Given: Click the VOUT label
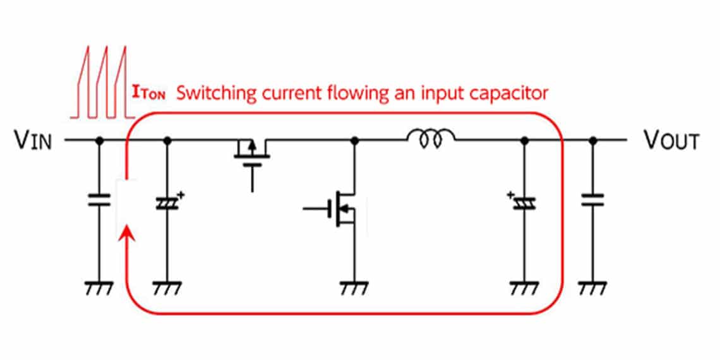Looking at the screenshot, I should pyautogui.click(x=671, y=140).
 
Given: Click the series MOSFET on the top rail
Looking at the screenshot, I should pyautogui.click(x=252, y=155).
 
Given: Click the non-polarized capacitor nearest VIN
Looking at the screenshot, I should pyautogui.click(x=99, y=200).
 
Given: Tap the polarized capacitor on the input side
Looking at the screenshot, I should pyautogui.click(x=167, y=203).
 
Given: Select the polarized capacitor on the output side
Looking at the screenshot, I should pyautogui.click(x=523, y=203).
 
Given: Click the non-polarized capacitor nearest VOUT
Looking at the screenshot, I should pyautogui.click(x=592, y=200).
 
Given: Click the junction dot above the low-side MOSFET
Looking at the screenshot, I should pyautogui.click(x=354, y=140).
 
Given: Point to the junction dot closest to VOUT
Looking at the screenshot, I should pyautogui.click(x=592, y=140).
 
